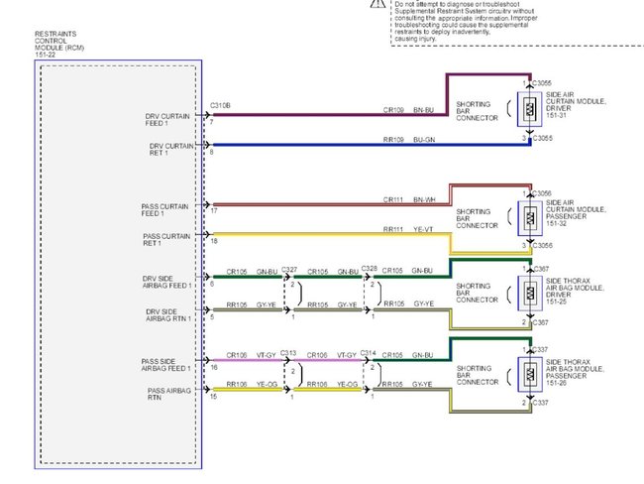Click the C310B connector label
(x=222, y=105)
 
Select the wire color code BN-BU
(x=423, y=109)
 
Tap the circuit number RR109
(x=394, y=140)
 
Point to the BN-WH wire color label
(x=423, y=200)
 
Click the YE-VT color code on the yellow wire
(x=423, y=230)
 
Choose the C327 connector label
(x=289, y=269)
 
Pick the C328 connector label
(x=369, y=269)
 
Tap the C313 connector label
(x=289, y=353)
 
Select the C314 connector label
(x=369, y=353)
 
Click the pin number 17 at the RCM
(x=213, y=211)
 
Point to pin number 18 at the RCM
(x=213, y=241)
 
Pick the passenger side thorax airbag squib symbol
(x=531, y=375)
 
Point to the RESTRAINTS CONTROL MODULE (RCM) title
(x=56, y=45)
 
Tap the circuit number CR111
(x=394, y=200)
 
